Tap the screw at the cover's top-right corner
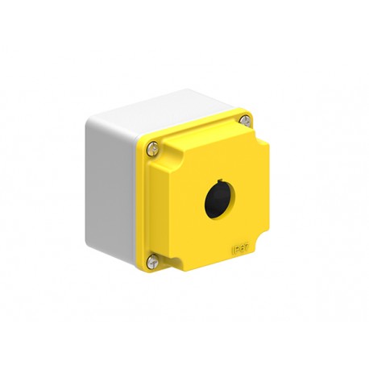244,121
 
